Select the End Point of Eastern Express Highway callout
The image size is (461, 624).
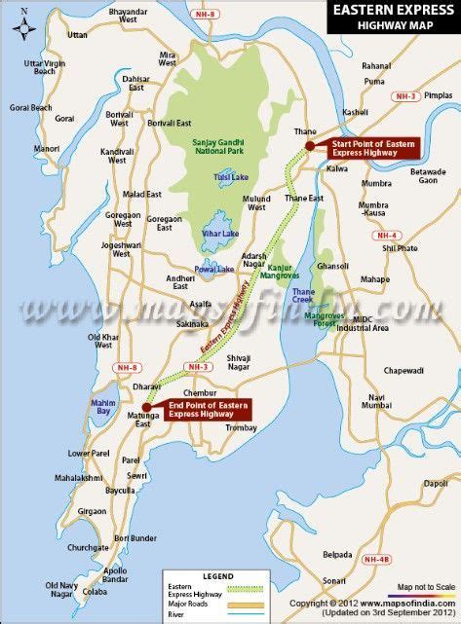(x=208, y=409)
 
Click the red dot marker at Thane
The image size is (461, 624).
(x=309, y=146)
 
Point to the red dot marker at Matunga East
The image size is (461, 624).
(x=145, y=407)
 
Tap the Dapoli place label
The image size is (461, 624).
(x=435, y=482)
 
